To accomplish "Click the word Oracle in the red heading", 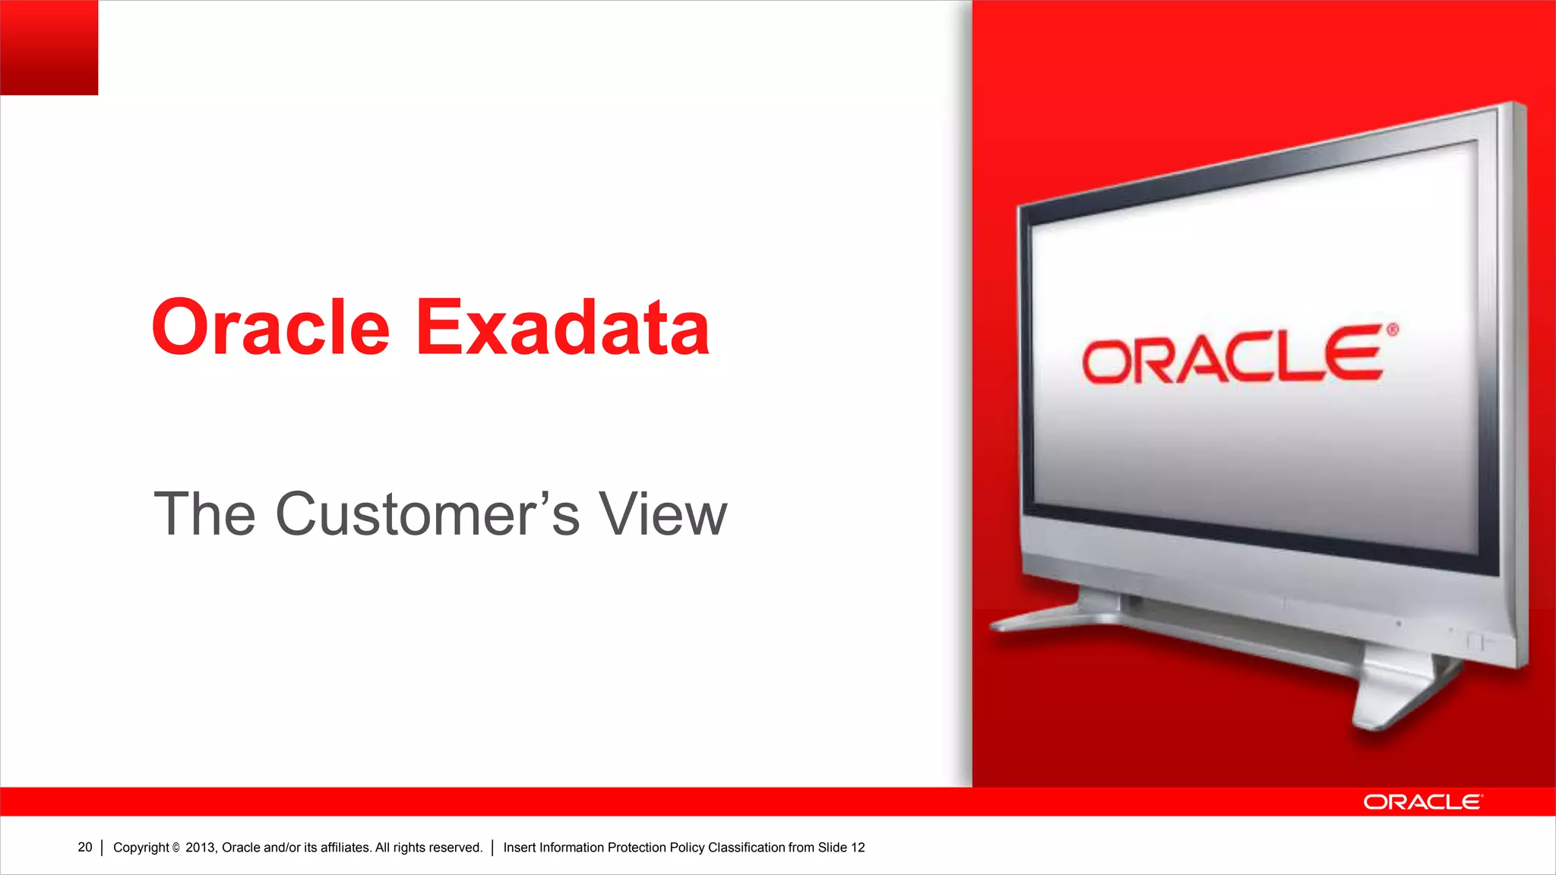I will click(x=270, y=327).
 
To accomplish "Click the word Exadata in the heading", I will click(x=562, y=327).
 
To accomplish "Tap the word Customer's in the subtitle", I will click(x=427, y=514).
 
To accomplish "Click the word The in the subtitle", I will click(x=204, y=514).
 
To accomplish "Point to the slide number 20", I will click(x=84, y=847).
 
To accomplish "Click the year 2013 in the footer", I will click(x=201, y=848).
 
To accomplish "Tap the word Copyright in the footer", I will click(x=141, y=848).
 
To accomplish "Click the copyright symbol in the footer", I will click(x=176, y=848).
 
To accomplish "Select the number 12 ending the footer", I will click(x=858, y=848).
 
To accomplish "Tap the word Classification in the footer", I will click(x=746, y=848).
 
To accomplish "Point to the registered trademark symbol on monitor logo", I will click(x=1392, y=330).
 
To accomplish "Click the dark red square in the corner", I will click(x=49, y=47).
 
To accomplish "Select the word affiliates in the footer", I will click(x=345, y=848).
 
